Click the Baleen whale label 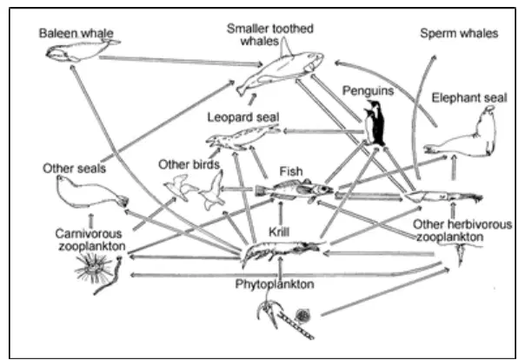pyautogui.click(x=76, y=33)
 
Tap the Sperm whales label pyautogui.click(x=459, y=33)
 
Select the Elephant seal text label pyautogui.click(x=469, y=98)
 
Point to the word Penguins pyautogui.click(x=368, y=90)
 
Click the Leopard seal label pyautogui.click(x=243, y=117)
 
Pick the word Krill pyautogui.click(x=279, y=231)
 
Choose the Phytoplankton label pyautogui.click(x=275, y=284)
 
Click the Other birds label pyautogui.click(x=189, y=164)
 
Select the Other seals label pyautogui.click(x=75, y=169)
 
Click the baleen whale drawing pyautogui.click(x=83, y=50)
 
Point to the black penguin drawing pyautogui.click(x=375, y=123)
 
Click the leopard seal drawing pyautogui.click(x=242, y=137)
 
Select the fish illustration pyautogui.click(x=294, y=190)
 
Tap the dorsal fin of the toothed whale pyautogui.click(x=285, y=47)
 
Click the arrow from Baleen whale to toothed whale pyautogui.click(x=181, y=61)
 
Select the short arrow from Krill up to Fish pyautogui.click(x=281, y=213)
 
